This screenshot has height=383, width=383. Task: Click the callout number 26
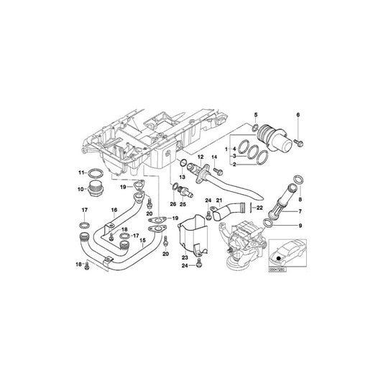point(172,203)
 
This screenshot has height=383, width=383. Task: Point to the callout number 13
point(182,177)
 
